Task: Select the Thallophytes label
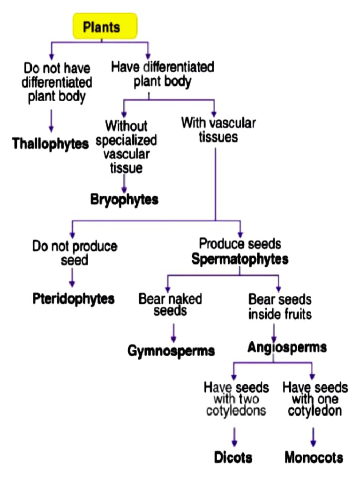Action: (x=51, y=143)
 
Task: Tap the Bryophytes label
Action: (x=124, y=199)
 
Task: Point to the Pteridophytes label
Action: (x=74, y=299)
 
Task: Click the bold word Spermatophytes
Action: (x=240, y=259)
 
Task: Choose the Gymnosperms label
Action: (x=171, y=351)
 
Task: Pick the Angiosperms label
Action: (x=287, y=347)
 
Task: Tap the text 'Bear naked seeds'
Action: (x=169, y=305)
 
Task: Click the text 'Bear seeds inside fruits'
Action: (x=280, y=306)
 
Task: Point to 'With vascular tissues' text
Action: (x=218, y=130)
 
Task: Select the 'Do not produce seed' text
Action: (x=75, y=253)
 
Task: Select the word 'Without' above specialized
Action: (x=126, y=126)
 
